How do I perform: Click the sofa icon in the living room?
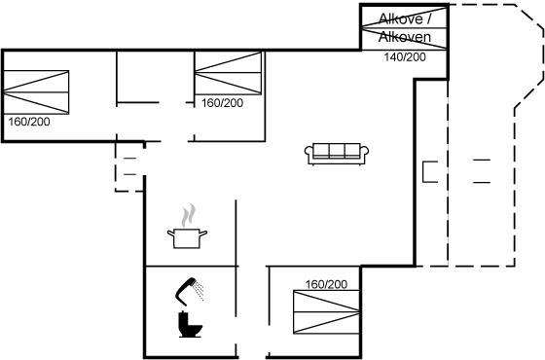(337, 154)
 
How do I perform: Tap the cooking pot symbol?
(187, 238)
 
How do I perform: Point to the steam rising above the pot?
(188, 215)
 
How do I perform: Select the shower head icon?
(185, 291)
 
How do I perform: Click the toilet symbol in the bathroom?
(190, 325)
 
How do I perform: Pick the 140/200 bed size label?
(405, 57)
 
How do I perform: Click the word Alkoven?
(405, 37)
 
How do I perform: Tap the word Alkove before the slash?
(400, 18)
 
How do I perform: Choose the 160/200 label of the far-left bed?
(29, 122)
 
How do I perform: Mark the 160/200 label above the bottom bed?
(326, 284)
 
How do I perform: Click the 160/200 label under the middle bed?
(223, 103)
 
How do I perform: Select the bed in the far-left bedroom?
(36, 92)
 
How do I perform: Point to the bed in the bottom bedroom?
(326, 312)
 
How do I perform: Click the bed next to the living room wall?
(228, 73)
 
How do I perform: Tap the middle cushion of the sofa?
(337, 151)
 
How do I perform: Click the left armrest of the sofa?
(309, 154)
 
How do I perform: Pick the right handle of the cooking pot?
(203, 233)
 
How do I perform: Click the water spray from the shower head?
(199, 291)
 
